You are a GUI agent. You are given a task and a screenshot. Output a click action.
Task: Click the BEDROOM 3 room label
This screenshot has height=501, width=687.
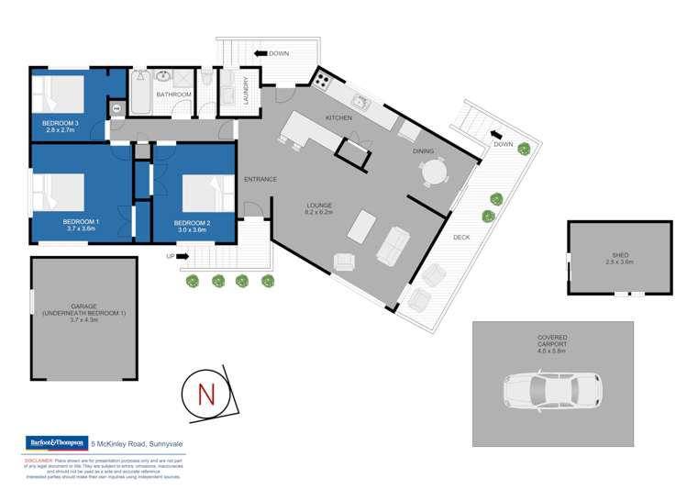pos(59,122)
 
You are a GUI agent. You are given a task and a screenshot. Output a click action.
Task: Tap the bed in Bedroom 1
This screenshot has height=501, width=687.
pos(61,192)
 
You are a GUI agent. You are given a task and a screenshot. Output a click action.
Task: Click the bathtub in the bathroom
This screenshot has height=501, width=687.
pos(140,94)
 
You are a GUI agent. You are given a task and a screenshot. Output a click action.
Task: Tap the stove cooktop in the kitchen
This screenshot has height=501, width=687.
pos(323,80)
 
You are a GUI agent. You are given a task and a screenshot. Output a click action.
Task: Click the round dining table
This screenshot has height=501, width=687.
pos(434,172)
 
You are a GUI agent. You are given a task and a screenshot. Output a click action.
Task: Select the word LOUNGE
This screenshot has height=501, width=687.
pos(319,205)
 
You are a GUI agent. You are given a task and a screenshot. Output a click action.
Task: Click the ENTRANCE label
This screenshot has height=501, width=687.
pos(260,179)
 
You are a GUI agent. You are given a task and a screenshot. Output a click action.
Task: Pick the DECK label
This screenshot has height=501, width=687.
pos(461,237)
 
